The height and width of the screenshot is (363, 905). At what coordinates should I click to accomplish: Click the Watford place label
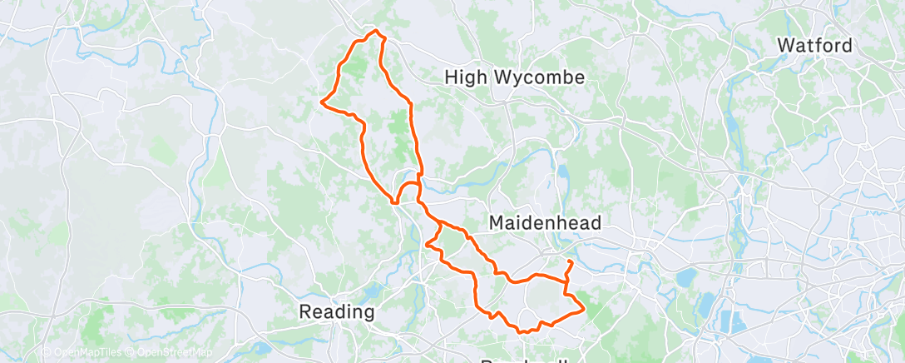[x=814, y=45]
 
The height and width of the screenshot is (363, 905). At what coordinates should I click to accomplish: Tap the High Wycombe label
[x=515, y=77]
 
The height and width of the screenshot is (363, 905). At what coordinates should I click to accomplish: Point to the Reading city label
[x=337, y=312]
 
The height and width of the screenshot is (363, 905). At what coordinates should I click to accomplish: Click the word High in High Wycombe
[x=464, y=77]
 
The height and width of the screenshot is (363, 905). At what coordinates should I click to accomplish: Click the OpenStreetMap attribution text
[x=170, y=353]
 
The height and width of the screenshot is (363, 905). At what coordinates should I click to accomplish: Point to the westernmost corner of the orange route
[x=322, y=102]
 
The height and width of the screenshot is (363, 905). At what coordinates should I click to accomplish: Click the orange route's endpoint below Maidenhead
[x=570, y=262]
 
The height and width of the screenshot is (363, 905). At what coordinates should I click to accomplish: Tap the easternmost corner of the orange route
[x=584, y=310]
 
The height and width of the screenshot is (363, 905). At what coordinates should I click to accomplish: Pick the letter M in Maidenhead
[x=496, y=223]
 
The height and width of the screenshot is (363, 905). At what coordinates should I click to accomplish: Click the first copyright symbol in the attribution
[x=46, y=353]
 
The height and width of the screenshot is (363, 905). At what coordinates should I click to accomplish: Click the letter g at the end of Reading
[x=368, y=314]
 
